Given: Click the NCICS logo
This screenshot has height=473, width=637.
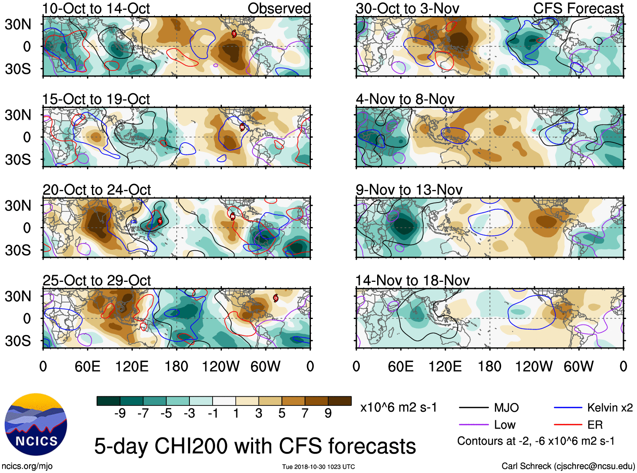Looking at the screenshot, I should (x=36, y=424).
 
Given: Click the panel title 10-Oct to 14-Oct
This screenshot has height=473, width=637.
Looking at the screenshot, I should (x=96, y=8).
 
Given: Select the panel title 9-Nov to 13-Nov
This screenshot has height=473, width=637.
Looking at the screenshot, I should (x=409, y=190).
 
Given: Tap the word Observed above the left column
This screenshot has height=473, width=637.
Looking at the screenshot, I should (x=279, y=8).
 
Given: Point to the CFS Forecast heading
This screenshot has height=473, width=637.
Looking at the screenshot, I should (x=578, y=8).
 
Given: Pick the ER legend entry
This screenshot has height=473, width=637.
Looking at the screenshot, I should (x=595, y=425).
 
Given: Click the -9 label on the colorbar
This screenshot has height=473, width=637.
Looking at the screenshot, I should (x=120, y=414).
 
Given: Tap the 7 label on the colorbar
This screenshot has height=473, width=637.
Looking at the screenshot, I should (x=305, y=414).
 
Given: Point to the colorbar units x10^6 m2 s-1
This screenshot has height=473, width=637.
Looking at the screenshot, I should (x=398, y=408).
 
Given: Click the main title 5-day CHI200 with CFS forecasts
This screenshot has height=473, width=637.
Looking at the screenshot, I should (x=255, y=446).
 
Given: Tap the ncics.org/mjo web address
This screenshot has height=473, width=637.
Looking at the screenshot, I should (x=27, y=466).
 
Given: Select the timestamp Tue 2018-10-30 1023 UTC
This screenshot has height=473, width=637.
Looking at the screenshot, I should (x=318, y=467).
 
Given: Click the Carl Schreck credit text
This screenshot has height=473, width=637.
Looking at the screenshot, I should (x=568, y=466).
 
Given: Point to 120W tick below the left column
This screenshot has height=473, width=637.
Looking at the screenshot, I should (x=220, y=366).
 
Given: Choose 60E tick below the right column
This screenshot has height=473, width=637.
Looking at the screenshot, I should (x=400, y=366).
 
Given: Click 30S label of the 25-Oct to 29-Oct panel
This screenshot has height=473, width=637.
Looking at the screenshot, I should (x=18, y=341).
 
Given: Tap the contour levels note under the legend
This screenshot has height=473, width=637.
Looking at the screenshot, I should (x=536, y=441).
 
